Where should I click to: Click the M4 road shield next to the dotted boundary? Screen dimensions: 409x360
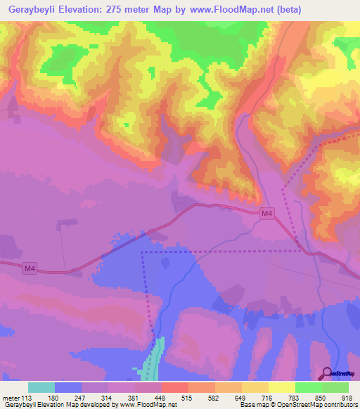266,214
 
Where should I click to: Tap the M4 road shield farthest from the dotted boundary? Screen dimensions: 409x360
30,269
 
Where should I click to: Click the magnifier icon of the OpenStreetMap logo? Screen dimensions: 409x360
328,372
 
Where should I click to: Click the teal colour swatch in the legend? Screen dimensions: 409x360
41,387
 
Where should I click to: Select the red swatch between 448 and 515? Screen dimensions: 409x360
175,387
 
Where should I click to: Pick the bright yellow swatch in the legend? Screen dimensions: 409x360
282,387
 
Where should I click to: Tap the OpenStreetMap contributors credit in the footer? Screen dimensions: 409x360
320,405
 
